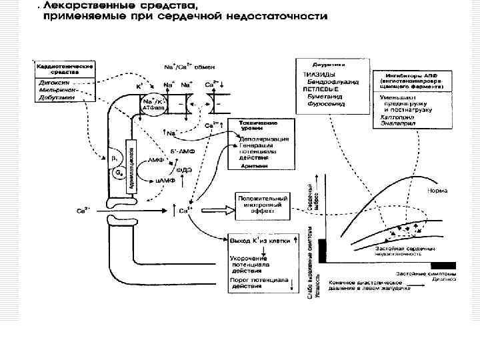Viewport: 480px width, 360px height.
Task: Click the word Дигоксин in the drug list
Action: (51, 82)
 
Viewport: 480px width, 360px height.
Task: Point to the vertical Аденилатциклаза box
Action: (131, 163)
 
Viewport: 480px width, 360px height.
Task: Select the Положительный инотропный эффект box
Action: (263, 203)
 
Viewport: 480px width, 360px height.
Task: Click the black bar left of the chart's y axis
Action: (323, 249)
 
